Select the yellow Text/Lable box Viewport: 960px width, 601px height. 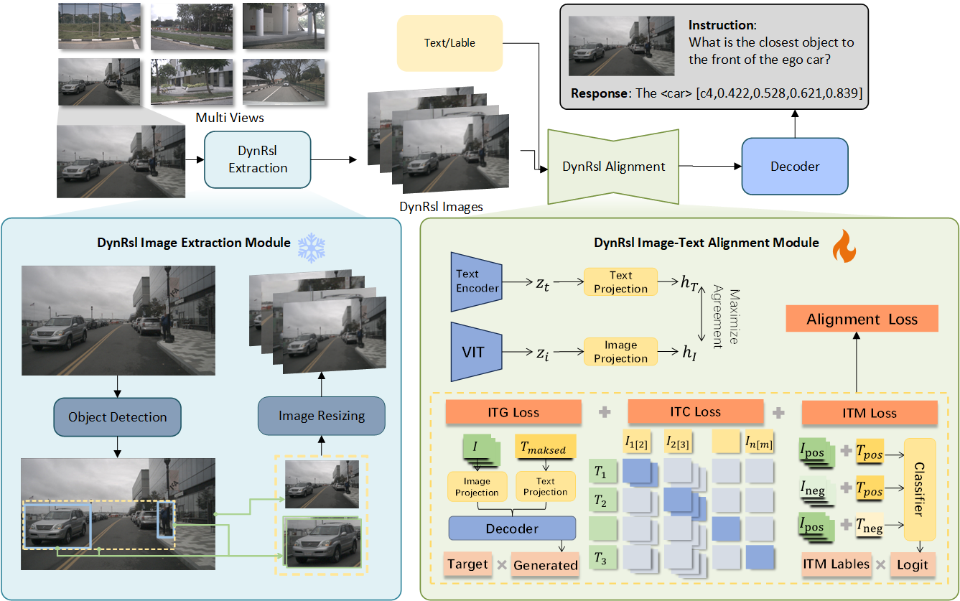point(449,43)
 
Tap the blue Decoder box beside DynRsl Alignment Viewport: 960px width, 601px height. point(794,167)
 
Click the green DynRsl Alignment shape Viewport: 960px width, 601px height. point(613,167)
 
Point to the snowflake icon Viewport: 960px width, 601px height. point(312,247)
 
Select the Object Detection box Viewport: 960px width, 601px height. point(118,417)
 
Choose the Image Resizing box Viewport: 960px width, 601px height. point(321,416)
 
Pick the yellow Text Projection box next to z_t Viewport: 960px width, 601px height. point(620,282)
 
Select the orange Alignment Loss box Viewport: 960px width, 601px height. point(862,319)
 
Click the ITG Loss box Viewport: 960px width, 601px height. point(513,412)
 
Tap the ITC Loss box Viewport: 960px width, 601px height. point(695,412)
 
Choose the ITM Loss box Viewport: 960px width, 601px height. point(869,413)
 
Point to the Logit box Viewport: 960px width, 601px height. point(913,564)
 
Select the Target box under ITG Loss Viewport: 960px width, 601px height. point(467,564)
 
